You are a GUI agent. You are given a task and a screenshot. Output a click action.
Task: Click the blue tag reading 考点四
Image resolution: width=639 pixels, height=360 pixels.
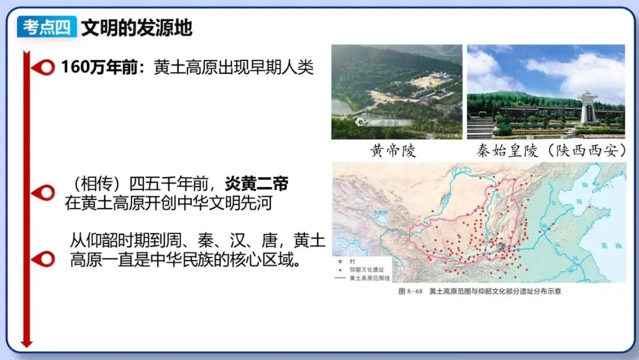click(x=47, y=27)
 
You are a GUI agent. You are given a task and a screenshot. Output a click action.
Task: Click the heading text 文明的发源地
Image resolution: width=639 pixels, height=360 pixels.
click(x=137, y=27)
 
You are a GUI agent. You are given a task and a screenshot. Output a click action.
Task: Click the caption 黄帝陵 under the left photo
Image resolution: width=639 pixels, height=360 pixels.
click(x=393, y=151)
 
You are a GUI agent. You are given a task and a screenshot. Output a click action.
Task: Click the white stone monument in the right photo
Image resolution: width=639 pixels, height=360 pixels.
click(x=588, y=107)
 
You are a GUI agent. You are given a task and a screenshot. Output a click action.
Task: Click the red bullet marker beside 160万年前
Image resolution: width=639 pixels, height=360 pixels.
click(x=43, y=67)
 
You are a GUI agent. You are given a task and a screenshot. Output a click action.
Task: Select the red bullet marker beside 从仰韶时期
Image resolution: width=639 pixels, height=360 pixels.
click(x=43, y=259)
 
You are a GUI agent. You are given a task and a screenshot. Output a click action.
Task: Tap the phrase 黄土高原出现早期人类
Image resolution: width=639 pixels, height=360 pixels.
click(x=234, y=67)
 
